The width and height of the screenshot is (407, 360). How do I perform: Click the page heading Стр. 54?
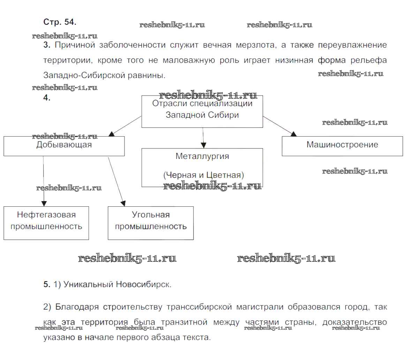pyautogui.click(x=59, y=22)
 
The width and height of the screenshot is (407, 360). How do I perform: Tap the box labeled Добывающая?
pyautogui.click(x=64, y=146)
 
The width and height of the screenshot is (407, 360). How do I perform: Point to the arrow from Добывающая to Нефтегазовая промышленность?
pyautogui.click(x=44, y=181)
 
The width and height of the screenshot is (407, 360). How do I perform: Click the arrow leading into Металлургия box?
pyautogui.click(x=203, y=138)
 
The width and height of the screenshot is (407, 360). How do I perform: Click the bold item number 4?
pyautogui.click(x=47, y=98)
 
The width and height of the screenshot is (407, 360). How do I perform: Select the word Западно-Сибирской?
pyautogui.click(x=75, y=75)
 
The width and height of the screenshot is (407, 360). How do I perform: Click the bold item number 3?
pyautogui.click(x=47, y=45)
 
